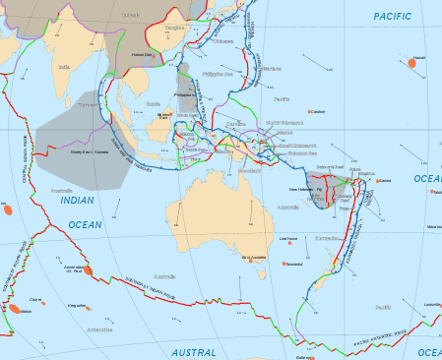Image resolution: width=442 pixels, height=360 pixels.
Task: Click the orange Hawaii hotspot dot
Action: tap(410, 63)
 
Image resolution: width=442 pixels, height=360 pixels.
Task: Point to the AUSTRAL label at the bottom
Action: tap(194, 352)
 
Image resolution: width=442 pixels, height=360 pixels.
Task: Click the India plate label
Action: tap(64, 68)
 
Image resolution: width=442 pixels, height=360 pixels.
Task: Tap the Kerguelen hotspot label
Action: tap(75, 306)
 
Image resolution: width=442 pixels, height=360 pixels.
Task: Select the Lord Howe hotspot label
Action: tap(288, 238)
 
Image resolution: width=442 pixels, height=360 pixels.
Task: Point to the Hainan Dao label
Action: tap(144, 55)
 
